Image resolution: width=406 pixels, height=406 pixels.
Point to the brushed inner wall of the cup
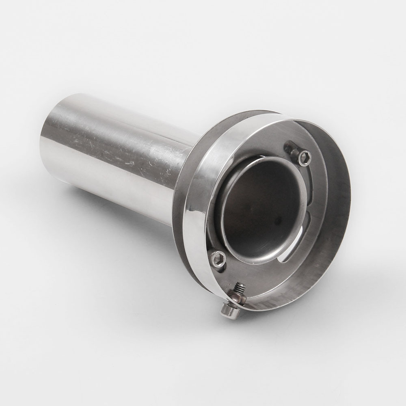coord(325,244)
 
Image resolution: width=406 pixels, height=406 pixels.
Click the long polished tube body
coord(122,154)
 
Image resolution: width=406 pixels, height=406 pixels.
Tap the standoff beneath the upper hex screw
coord(293,150)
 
